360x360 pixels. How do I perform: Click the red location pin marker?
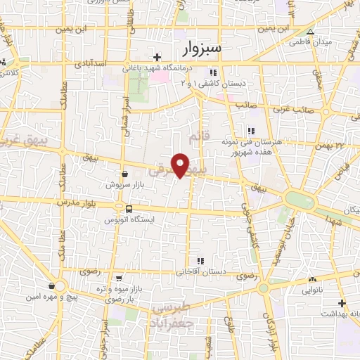181,165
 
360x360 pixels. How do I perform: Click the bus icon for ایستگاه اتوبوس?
128,209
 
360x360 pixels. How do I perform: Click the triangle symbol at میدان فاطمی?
309,32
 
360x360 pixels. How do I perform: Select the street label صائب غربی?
300,110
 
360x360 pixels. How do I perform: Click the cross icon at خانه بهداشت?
342,303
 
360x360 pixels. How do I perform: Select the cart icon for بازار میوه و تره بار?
119,278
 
